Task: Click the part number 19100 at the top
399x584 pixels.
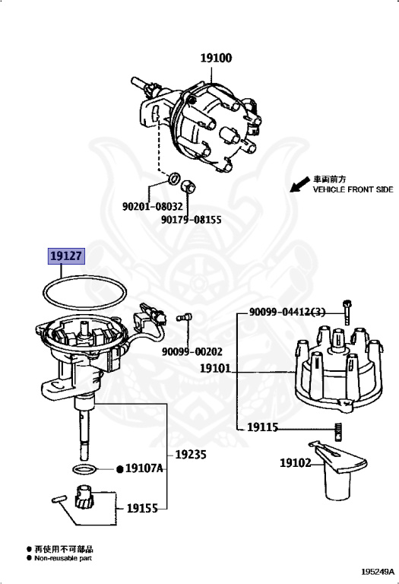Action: pyautogui.click(x=217, y=58)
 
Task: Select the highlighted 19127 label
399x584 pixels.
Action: pyautogui.click(x=66, y=258)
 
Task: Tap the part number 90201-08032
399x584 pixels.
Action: pyautogui.click(x=152, y=206)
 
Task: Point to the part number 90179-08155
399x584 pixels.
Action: pyautogui.click(x=191, y=220)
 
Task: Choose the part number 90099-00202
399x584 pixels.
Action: pyautogui.click(x=192, y=352)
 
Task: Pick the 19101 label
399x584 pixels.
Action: pyautogui.click(x=216, y=368)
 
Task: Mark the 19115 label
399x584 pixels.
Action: pyautogui.click(x=263, y=427)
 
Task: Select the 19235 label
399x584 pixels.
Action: pyautogui.click(x=191, y=455)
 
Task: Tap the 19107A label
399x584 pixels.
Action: pyautogui.click(x=144, y=468)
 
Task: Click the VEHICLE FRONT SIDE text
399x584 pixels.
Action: pyautogui.click(x=353, y=189)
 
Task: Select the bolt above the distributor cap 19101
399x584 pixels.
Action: pyautogui.click(x=347, y=310)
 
